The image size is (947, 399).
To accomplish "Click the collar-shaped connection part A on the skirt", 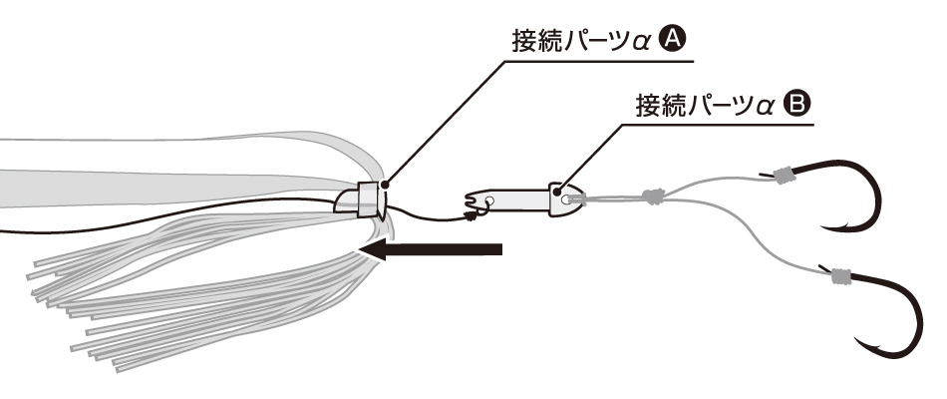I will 361,200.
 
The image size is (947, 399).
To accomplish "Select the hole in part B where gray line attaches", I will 567,199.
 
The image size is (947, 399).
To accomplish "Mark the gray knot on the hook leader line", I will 652,197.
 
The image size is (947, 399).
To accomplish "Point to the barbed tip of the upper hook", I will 827,225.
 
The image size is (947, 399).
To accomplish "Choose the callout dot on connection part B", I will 564,187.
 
